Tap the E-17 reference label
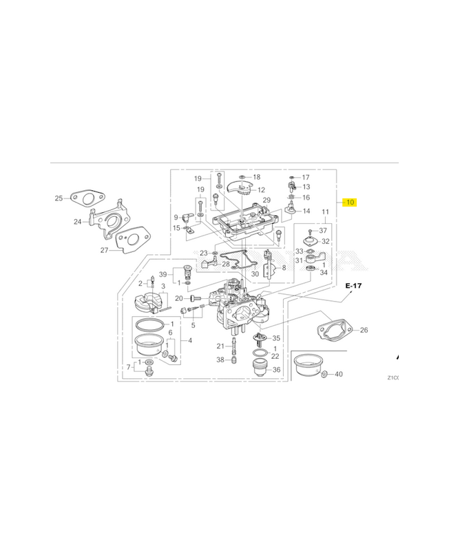(354, 284)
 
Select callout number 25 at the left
(59, 199)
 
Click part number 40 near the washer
(337, 374)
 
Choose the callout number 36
(276, 370)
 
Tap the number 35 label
(276, 338)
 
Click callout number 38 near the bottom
(220, 360)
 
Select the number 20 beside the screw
(178, 298)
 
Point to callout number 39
(163, 274)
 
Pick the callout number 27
(104, 250)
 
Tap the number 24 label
(78, 222)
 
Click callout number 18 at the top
(256, 177)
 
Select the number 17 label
(306, 177)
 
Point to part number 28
(225, 264)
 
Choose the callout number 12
(261, 189)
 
